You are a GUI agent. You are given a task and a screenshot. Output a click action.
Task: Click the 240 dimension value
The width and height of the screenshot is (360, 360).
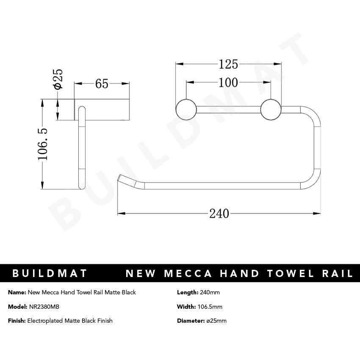tap(219, 213)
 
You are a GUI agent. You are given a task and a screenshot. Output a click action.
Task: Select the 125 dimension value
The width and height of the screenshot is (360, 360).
tap(228, 64)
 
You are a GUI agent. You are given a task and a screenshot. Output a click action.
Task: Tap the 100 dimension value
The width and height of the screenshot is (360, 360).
tap(228, 83)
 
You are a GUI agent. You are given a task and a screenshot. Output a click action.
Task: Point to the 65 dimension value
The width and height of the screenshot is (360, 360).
tap(102, 84)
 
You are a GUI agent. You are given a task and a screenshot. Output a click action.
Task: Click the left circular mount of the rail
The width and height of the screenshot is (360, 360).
tap(186, 109)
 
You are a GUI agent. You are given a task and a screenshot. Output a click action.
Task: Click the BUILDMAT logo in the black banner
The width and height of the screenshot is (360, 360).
tap(50, 273)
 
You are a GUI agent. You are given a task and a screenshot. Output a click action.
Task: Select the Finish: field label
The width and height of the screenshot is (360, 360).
tap(17, 321)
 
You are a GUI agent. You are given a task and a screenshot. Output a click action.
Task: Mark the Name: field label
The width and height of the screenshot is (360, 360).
tap(17, 293)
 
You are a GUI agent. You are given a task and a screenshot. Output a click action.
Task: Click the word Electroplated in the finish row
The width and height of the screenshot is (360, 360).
tap(45, 321)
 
